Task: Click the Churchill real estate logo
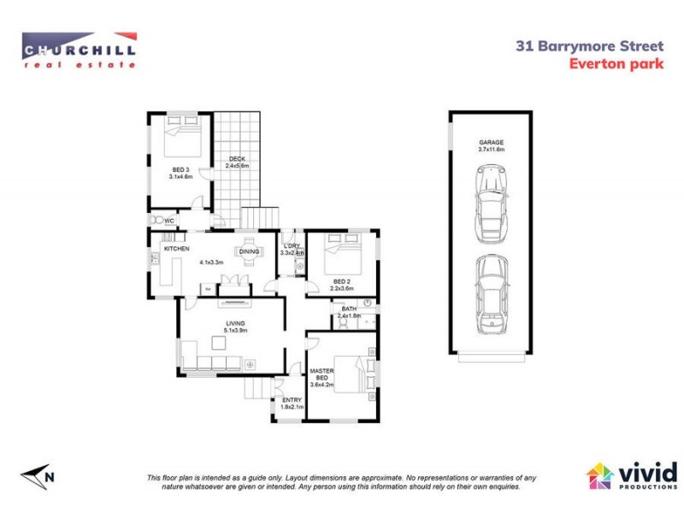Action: (79, 49)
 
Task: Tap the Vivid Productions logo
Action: (630, 476)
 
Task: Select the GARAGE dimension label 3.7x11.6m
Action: (491, 150)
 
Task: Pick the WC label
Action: (169, 220)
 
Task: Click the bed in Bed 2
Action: (345, 254)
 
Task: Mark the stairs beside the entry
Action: (256, 389)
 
